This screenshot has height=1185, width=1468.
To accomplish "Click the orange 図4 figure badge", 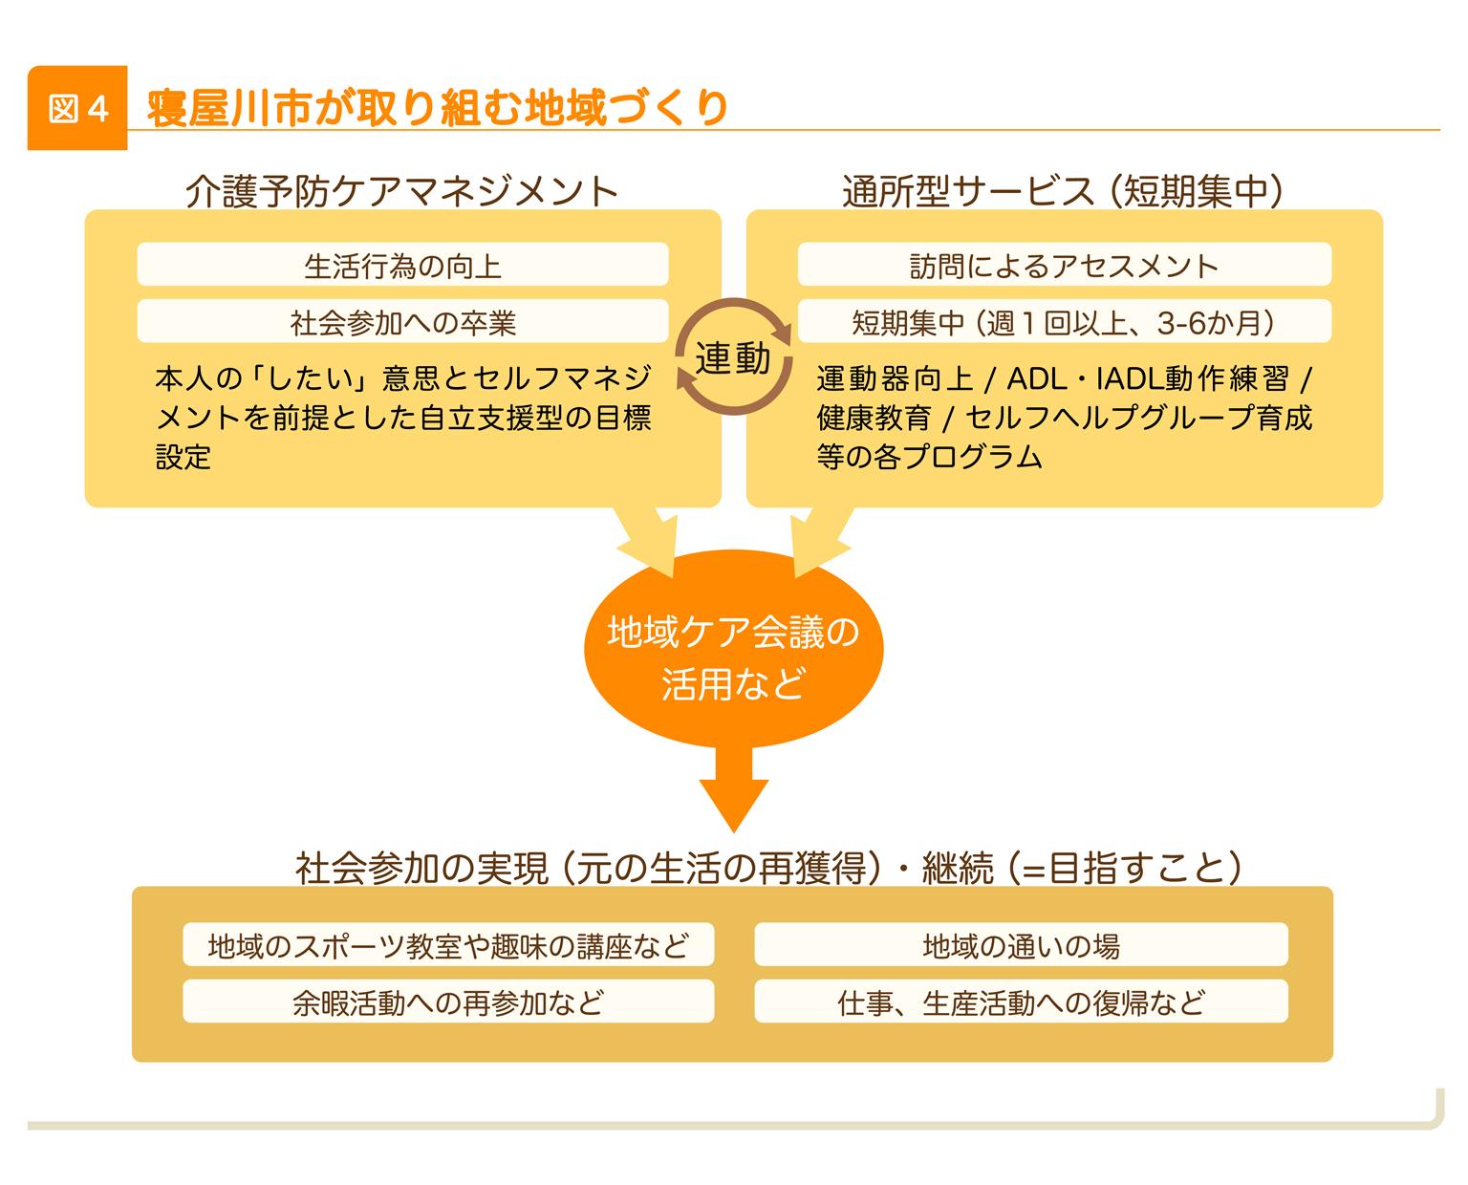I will click(x=76, y=109).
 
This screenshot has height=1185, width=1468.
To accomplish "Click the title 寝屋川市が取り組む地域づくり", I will click(x=438, y=108).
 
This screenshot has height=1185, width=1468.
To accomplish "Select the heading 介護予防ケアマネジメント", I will click(x=402, y=191).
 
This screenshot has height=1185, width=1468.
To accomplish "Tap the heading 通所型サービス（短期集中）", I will click(x=1062, y=191).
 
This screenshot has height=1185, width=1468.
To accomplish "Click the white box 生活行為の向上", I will click(x=402, y=265).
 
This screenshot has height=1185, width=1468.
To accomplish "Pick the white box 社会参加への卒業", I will click(x=402, y=322).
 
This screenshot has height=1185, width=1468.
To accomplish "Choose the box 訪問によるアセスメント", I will click(x=1064, y=265).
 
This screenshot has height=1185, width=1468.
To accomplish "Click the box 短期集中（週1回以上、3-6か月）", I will click(x=1064, y=322).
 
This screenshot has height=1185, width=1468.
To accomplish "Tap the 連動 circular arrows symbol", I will click(x=733, y=358).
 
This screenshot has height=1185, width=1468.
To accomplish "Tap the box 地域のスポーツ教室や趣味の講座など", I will click(x=448, y=945).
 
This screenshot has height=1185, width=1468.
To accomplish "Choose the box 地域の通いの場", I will click(x=1021, y=945).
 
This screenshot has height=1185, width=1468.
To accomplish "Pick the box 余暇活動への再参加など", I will click(x=448, y=1002).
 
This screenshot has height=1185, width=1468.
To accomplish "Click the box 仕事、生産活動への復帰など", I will click(x=1021, y=1002).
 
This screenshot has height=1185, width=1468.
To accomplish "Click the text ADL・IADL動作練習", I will click(x=1148, y=379).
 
